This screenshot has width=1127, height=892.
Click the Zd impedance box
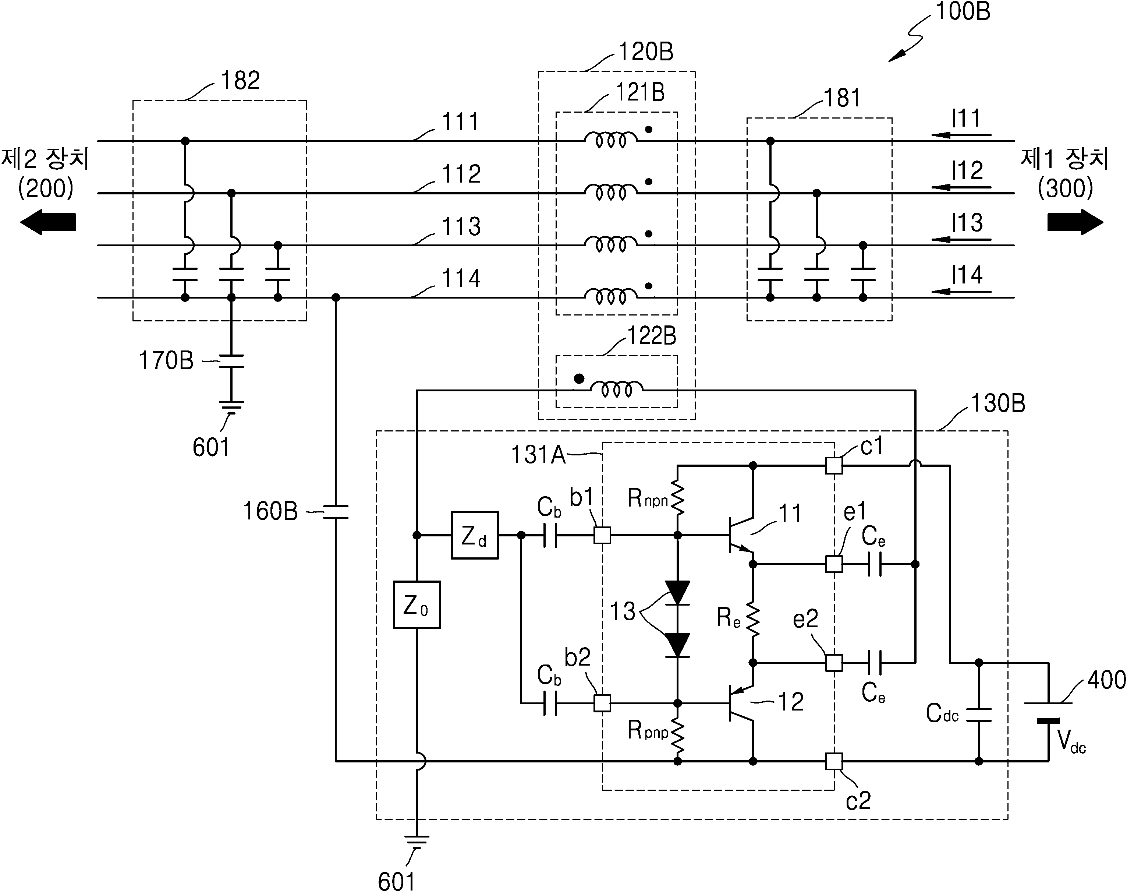click(475, 535)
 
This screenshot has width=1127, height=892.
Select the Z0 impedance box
click(417, 605)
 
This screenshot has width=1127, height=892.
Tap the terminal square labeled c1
click(834, 465)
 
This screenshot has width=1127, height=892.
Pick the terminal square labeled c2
click(834, 761)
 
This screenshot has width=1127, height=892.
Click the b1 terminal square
click(602, 535)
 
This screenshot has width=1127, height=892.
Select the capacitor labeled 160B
click(336, 512)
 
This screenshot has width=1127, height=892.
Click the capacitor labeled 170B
click(231, 361)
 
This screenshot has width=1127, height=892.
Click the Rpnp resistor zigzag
click(677, 735)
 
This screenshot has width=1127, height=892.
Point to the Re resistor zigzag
click(753, 619)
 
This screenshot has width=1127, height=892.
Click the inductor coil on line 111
click(611, 140)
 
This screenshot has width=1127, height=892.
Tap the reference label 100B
click(962, 11)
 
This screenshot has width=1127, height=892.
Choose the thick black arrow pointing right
click(1075, 222)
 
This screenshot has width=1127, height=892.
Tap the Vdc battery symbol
click(1048, 712)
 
